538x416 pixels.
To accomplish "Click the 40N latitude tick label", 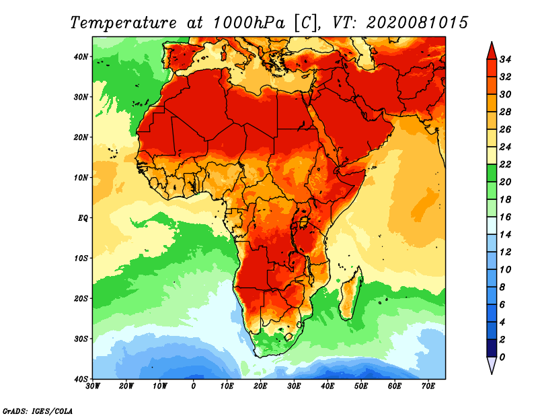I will tap(81, 57).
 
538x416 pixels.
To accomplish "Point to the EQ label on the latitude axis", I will tap(83, 217).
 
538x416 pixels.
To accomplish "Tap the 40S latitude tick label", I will tap(81, 378).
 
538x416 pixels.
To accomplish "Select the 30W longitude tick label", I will tap(92, 386).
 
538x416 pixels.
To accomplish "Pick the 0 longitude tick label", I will tap(193, 386).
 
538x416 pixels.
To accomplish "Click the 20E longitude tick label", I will tap(260, 386).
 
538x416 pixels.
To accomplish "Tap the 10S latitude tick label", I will tap(81, 258).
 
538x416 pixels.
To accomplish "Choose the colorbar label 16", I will tap(506, 217).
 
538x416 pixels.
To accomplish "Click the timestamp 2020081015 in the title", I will tap(417, 22).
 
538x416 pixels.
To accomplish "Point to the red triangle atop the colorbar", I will tap(491, 50).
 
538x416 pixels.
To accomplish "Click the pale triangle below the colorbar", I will tap(491, 365).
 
